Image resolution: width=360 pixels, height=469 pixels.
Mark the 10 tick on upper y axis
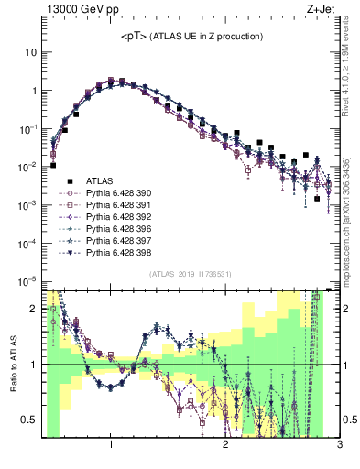coord(30,53)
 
